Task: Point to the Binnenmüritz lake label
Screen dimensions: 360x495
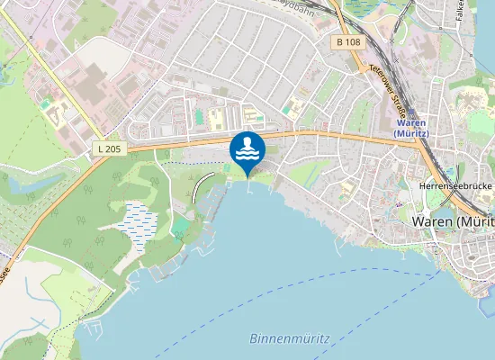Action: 289,338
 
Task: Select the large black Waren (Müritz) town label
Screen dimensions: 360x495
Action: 452,221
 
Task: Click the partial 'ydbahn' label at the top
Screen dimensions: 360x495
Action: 297,6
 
